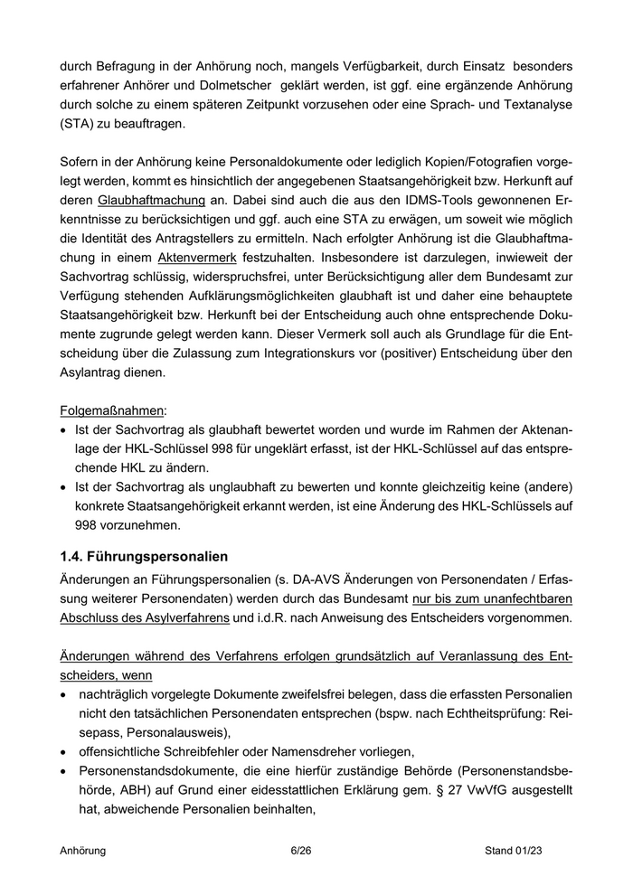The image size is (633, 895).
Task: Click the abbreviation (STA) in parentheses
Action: (79, 124)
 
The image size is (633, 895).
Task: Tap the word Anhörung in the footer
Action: (83, 851)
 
